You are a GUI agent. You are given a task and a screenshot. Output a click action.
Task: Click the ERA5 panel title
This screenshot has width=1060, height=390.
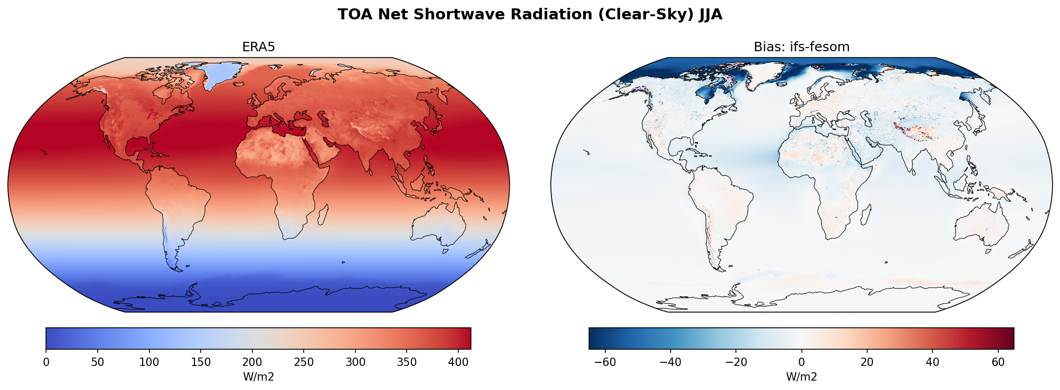point(258,47)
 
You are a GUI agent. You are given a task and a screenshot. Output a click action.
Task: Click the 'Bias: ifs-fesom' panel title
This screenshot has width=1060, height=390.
point(801,47)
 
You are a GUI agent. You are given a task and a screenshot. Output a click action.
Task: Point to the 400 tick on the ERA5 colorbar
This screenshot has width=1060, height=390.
point(458,362)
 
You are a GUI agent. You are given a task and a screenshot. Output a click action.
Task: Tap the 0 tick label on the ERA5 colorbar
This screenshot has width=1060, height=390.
point(46,362)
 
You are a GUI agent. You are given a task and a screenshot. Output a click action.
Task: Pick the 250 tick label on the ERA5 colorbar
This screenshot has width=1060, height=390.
point(304,362)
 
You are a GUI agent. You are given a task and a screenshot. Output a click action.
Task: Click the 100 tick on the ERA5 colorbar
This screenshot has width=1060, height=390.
point(149,362)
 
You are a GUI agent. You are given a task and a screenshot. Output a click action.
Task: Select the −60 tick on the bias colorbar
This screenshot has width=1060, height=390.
point(605,362)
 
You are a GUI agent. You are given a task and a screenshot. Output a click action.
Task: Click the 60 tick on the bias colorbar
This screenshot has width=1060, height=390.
point(998,362)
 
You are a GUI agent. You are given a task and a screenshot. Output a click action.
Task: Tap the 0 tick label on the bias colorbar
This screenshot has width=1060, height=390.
point(801,362)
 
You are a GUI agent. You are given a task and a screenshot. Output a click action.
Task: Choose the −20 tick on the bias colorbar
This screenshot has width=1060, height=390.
point(736,362)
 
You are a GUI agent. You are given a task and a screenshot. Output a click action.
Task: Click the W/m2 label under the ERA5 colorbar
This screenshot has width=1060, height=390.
point(258,377)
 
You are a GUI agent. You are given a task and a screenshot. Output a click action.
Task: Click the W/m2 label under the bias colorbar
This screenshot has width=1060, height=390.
point(801,377)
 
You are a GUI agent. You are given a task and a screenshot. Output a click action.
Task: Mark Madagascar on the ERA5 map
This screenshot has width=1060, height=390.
point(323,214)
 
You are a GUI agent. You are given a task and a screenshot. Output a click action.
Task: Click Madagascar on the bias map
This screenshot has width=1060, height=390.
point(866,214)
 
